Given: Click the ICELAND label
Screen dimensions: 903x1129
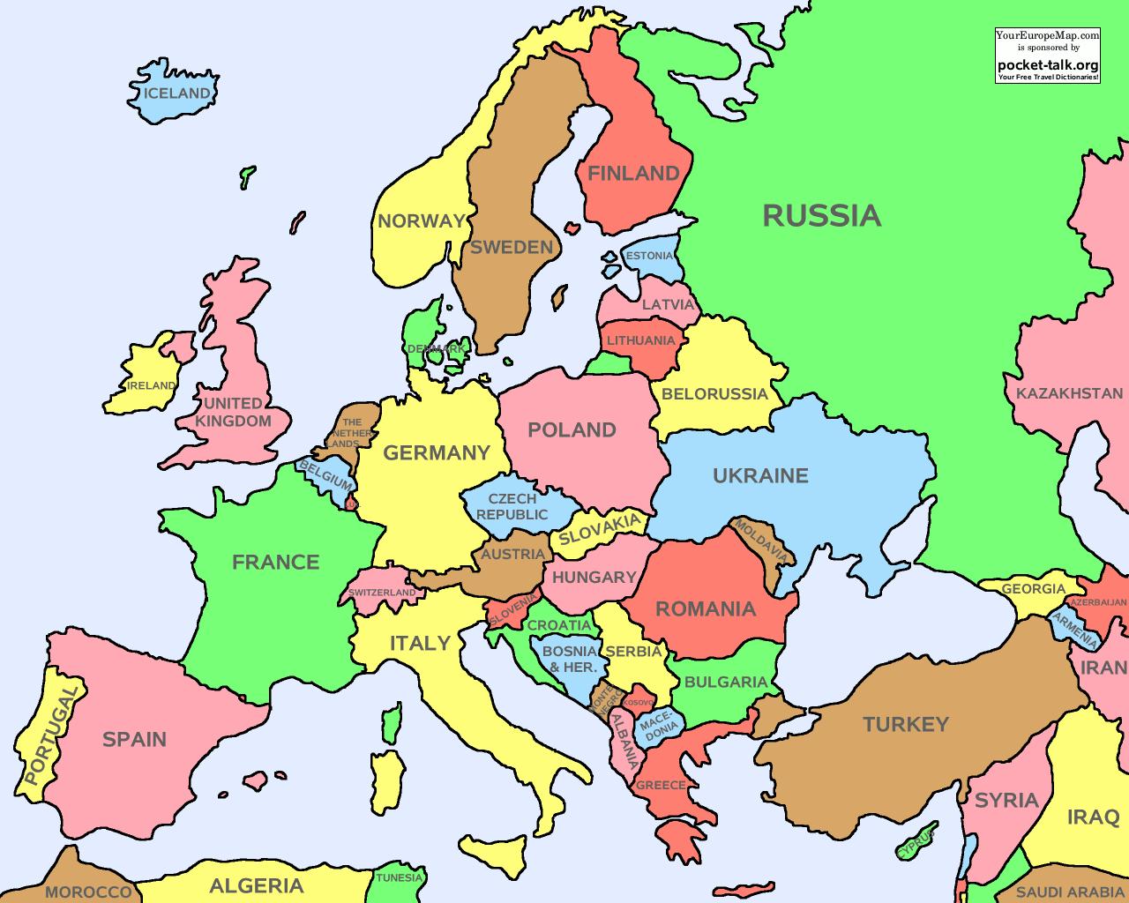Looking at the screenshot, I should coord(177,93).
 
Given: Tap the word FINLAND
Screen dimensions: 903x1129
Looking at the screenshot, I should coord(633,174).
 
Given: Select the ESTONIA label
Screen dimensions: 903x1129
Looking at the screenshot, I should coord(648,257).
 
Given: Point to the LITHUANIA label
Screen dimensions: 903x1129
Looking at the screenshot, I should coord(640,340).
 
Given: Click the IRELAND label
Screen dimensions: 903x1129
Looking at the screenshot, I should coord(151,385).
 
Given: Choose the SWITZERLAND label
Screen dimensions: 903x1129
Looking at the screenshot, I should coord(382,593).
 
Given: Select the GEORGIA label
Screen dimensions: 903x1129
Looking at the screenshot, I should coord(1033,589).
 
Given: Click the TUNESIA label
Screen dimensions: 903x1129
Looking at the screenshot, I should coord(400,878).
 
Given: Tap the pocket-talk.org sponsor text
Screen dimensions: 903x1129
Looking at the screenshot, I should coord(1048,64).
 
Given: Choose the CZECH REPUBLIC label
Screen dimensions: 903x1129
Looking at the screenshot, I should coord(512,507).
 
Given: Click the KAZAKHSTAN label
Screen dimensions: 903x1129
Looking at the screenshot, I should coord(1069,393).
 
